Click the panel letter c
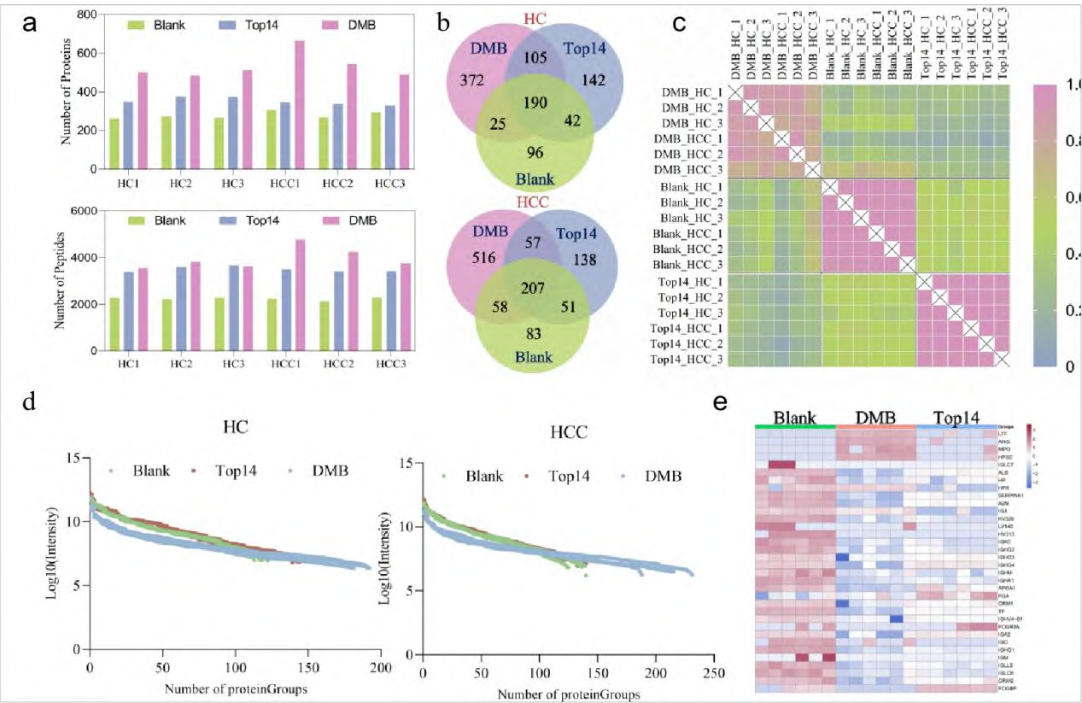pos(681,25)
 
